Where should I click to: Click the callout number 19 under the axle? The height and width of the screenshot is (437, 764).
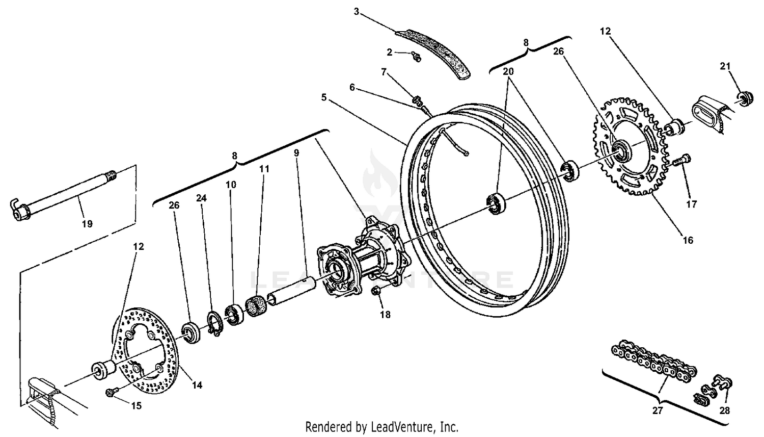click(x=87, y=223)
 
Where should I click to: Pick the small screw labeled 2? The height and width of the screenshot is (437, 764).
click(x=416, y=57)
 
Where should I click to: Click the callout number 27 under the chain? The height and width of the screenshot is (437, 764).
click(x=658, y=410)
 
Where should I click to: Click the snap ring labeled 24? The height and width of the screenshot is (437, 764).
click(x=215, y=324)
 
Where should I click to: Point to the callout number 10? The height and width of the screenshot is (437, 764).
click(x=231, y=184)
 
